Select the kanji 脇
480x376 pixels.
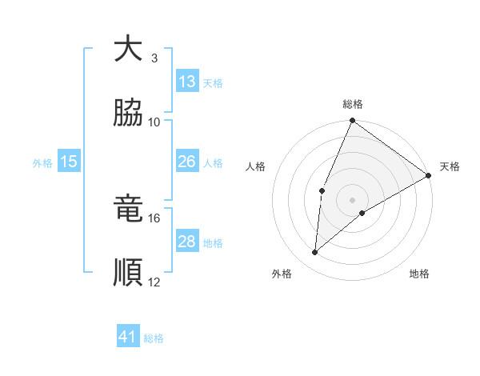click(x=128, y=112)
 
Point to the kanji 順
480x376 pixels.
click(x=128, y=272)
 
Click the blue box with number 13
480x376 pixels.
click(x=187, y=82)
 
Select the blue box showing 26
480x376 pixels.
click(x=187, y=162)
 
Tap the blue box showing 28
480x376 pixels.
click(x=187, y=242)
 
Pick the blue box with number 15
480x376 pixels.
click(x=69, y=162)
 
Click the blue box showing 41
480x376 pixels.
click(x=128, y=337)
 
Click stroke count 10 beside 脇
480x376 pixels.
click(x=154, y=122)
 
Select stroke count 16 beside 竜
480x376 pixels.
click(x=154, y=218)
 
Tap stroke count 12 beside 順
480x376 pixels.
click(x=154, y=282)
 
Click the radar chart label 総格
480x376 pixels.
click(x=352, y=104)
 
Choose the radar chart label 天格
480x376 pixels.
click(x=450, y=166)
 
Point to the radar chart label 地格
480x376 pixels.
click(x=419, y=274)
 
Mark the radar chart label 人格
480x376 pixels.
click(x=255, y=166)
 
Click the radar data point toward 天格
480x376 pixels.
click(x=429, y=175)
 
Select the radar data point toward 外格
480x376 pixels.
click(x=315, y=253)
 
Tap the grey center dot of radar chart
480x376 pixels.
click(x=352, y=199)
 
